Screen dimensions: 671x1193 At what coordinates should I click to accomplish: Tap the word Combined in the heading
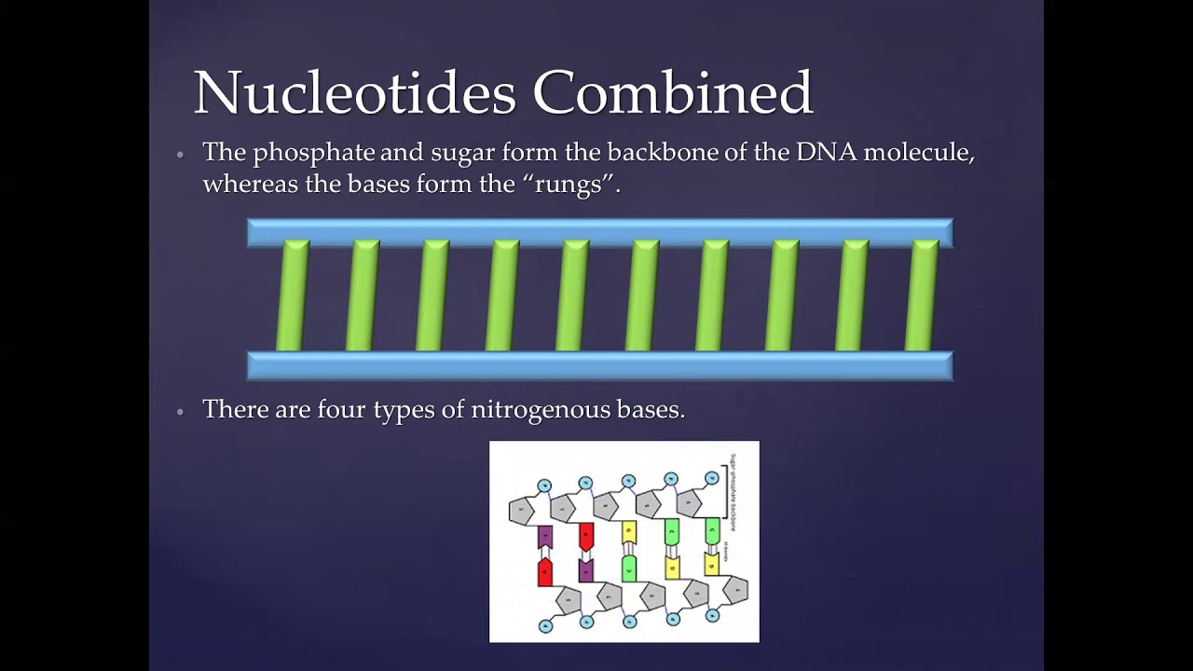click(x=673, y=92)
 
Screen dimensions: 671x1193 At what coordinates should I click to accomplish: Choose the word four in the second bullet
click(x=342, y=409)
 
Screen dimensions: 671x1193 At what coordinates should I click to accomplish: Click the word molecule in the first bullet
click(x=919, y=153)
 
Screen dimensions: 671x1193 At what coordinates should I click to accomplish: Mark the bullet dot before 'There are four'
click(x=181, y=411)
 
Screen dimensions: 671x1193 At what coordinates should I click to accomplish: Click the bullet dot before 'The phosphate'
click(x=181, y=155)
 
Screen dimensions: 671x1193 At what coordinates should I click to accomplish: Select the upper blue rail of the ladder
click(x=599, y=232)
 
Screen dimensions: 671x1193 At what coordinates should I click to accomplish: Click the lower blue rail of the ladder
click(x=599, y=365)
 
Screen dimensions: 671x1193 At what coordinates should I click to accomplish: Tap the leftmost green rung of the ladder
click(x=293, y=295)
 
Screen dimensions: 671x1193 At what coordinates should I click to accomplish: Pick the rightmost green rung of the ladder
click(x=922, y=295)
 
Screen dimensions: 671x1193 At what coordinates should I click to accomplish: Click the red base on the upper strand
click(x=586, y=535)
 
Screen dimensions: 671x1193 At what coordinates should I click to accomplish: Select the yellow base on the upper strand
click(x=629, y=532)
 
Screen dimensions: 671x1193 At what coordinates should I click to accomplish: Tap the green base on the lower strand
click(x=629, y=567)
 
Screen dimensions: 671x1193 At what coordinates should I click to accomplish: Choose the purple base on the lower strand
click(x=586, y=569)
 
